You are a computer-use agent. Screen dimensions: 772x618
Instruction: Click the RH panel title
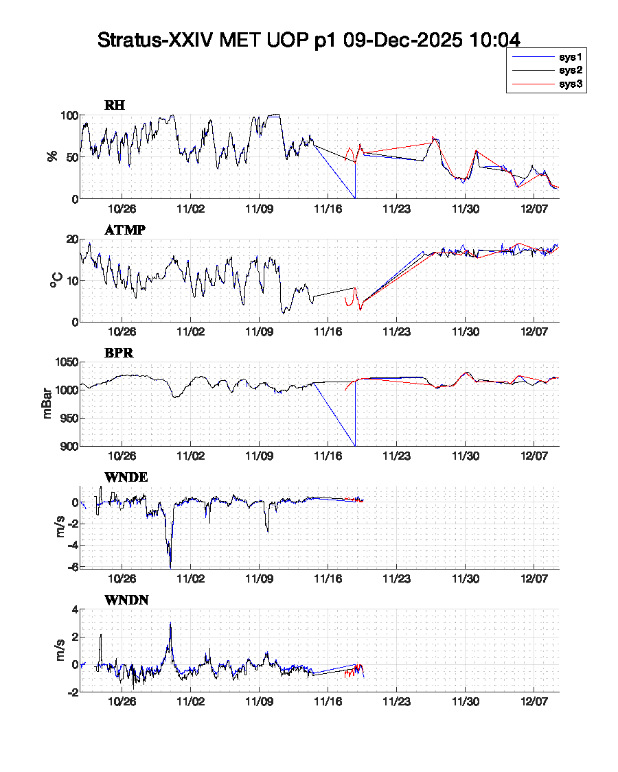click(x=115, y=106)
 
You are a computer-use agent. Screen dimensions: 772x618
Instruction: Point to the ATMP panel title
click(x=124, y=230)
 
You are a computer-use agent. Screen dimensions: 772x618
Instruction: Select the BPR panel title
click(x=119, y=353)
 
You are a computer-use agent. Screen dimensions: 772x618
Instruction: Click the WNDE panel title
click(x=126, y=478)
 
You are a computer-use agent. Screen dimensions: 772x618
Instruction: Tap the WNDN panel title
click(x=127, y=601)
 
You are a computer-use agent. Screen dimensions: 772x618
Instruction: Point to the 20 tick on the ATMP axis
click(x=70, y=239)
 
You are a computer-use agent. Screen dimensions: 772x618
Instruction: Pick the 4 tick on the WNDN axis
click(x=75, y=609)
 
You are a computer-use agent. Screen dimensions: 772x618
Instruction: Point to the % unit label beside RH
click(x=52, y=156)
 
